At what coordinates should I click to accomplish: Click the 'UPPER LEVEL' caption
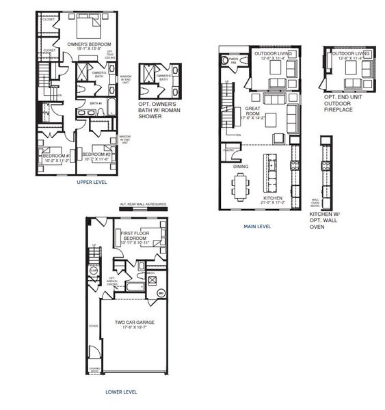(76, 183)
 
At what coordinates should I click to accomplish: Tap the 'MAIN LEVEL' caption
(257, 226)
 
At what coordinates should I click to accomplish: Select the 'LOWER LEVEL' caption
(122, 392)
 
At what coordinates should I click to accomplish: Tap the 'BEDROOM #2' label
(95, 155)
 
